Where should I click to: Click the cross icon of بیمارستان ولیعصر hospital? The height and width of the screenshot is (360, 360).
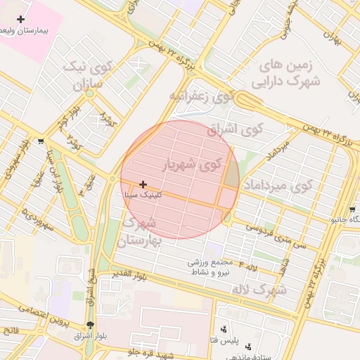point(20,19)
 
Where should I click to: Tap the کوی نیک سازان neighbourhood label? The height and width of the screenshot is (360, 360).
point(87,76)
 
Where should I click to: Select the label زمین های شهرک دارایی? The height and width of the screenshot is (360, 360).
point(289,73)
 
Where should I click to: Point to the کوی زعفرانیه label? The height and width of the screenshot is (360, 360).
point(200,96)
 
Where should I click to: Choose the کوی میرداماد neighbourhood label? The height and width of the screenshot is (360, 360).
point(276,186)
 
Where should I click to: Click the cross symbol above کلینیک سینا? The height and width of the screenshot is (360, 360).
point(143,184)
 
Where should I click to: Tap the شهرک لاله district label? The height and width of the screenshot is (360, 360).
point(261,290)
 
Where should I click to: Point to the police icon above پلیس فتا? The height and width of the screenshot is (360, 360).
point(224,329)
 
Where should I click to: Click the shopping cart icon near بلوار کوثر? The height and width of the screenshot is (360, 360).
point(40,141)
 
